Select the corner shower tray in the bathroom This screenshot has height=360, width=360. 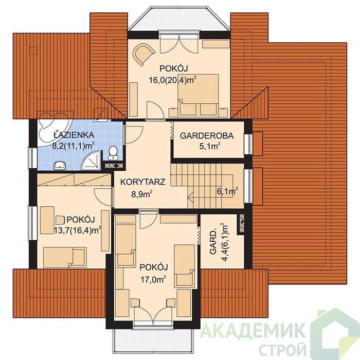tap(92, 160)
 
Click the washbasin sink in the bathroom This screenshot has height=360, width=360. tap(60, 165)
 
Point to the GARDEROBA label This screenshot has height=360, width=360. tap(207, 136)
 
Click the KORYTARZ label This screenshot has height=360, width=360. tap(143, 182)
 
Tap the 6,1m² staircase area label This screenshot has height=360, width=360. tap(227, 191)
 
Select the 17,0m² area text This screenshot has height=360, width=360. tap(153, 280)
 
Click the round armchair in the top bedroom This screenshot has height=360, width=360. tap(144, 55)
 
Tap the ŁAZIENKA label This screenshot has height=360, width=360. tap(74, 135)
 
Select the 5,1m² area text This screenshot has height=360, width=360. tap(210, 146)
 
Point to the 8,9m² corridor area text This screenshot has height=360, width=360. tap(142, 195)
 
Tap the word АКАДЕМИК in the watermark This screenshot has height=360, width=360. tap(253, 331)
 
